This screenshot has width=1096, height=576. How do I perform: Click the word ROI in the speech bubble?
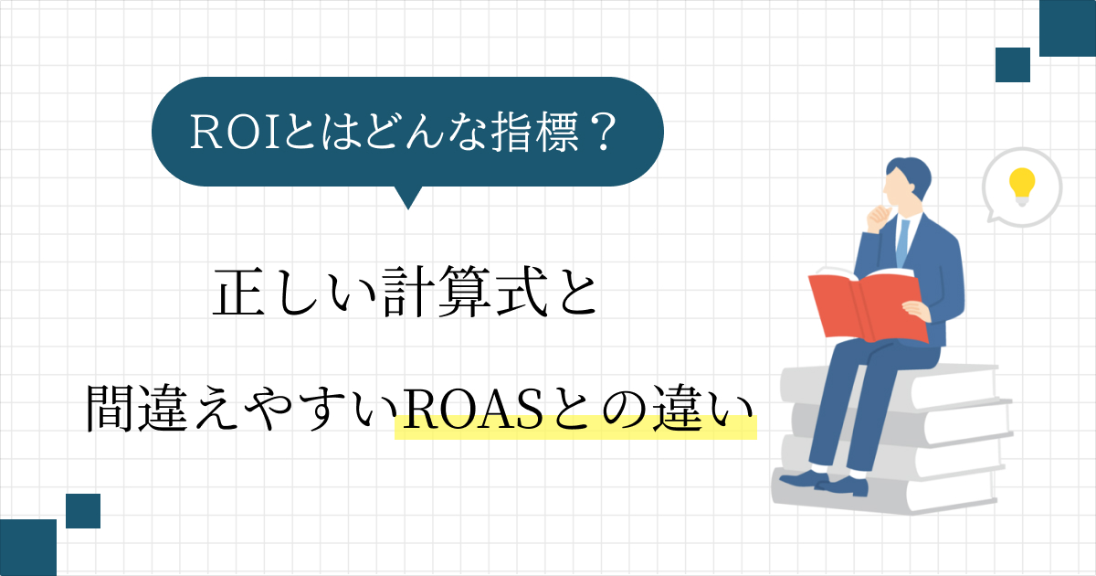(235, 132)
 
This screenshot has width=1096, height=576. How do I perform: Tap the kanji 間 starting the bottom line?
(110, 409)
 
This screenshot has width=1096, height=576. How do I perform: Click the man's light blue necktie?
(902, 243)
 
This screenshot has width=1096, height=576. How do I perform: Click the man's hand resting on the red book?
(915, 311)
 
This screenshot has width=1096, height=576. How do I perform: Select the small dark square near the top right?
(1013, 65)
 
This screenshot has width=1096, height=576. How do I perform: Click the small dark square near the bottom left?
(83, 511)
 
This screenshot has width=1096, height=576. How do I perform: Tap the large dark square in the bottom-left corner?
(28, 548)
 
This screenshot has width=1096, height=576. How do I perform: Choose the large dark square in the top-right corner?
(1068, 28)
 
